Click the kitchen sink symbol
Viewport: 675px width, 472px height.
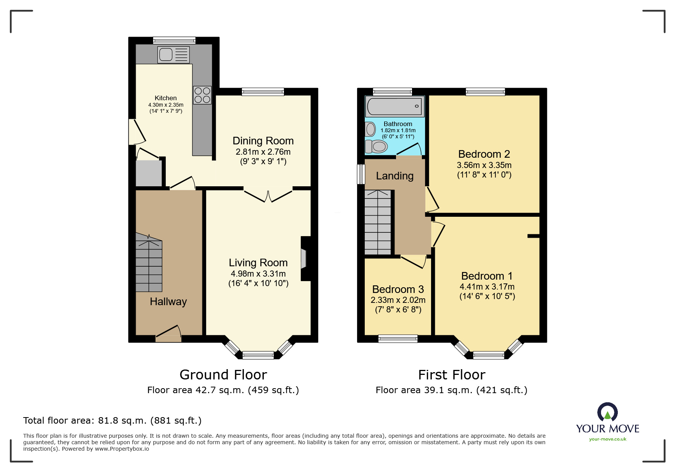click(x=173, y=55)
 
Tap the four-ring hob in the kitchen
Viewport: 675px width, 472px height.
click(x=202, y=95)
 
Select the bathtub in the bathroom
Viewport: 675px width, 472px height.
click(x=394, y=106)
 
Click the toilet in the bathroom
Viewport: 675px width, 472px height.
click(x=377, y=146)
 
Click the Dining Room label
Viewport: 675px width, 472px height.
click(x=263, y=141)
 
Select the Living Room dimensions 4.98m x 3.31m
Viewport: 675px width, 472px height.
click(x=258, y=274)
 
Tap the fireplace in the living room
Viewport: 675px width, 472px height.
click(x=304, y=259)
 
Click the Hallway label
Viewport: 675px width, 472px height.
click(x=168, y=302)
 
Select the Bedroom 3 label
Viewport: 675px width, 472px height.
click(x=398, y=290)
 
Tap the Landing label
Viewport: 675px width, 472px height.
click(x=394, y=176)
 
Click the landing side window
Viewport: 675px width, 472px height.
click(x=361, y=174)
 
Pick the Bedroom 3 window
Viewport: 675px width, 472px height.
click(x=398, y=339)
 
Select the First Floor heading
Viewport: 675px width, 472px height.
click(x=452, y=375)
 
